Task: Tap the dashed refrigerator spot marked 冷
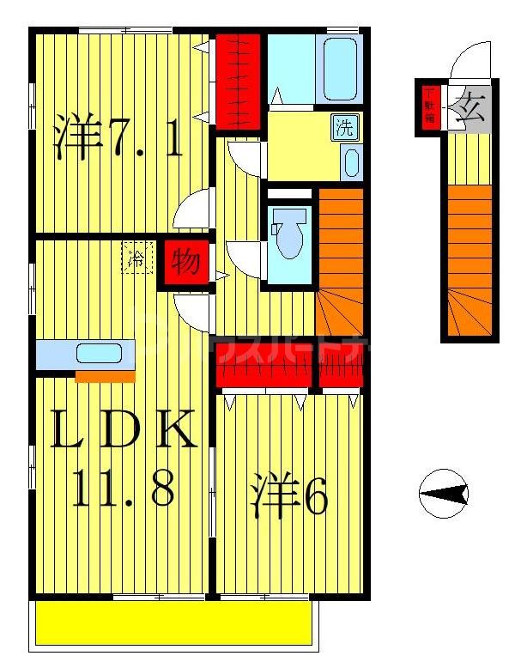[x=136, y=258]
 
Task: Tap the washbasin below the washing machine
[x=350, y=161]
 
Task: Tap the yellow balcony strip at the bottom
[x=172, y=622]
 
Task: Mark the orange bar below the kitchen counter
[x=105, y=376]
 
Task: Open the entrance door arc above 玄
[x=471, y=63]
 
